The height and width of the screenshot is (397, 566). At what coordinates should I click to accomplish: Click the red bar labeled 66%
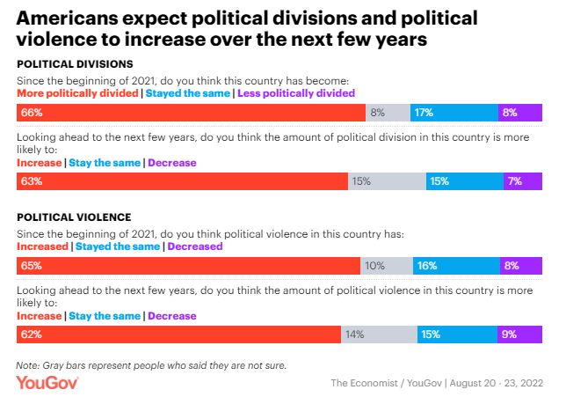(192, 113)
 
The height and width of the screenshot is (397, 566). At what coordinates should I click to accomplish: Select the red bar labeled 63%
(183, 181)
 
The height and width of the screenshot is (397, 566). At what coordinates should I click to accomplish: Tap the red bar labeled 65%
(189, 266)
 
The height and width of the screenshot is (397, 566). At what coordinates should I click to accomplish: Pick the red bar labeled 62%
(179, 335)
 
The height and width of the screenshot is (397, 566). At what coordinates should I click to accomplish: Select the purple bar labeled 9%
(519, 335)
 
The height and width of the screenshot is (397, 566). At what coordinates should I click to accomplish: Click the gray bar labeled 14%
(380, 335)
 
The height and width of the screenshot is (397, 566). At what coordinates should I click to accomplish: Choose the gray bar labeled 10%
(387, 266)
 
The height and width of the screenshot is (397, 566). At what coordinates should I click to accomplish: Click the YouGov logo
(47, 382)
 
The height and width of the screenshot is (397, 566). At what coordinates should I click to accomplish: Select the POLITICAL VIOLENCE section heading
(74, 217)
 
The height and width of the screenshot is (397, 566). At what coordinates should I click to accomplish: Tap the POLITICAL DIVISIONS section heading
(76, 63)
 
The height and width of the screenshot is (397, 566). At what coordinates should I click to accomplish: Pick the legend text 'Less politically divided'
(296, 92)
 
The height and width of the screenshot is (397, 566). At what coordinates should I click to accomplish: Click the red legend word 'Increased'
(42, 247)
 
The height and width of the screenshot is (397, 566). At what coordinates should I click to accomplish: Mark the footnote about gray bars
(151, 364)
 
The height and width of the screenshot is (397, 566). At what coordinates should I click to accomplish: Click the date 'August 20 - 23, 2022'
(497, 383)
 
